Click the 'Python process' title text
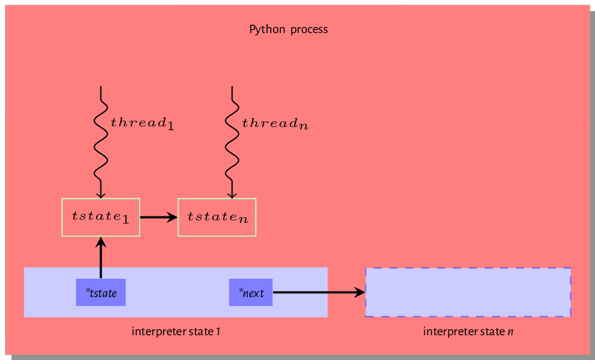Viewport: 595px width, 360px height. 288,29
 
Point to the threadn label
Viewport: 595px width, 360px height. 275,123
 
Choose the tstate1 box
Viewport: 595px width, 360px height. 100,217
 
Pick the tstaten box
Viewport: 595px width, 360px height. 217,217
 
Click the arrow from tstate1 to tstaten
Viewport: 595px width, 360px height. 158,217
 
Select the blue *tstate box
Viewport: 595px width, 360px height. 100,293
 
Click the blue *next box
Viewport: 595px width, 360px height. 251,293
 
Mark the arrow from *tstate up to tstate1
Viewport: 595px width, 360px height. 100,257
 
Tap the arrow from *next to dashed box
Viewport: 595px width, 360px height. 318,293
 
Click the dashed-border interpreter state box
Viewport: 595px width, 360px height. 468,292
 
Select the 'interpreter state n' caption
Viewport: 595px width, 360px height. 468,331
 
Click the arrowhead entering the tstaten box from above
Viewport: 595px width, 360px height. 232,195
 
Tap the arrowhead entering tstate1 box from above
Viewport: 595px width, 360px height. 100,195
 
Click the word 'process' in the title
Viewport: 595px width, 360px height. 309,29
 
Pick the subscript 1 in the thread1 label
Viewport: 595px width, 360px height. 170,126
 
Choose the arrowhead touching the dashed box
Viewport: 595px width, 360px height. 361,293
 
